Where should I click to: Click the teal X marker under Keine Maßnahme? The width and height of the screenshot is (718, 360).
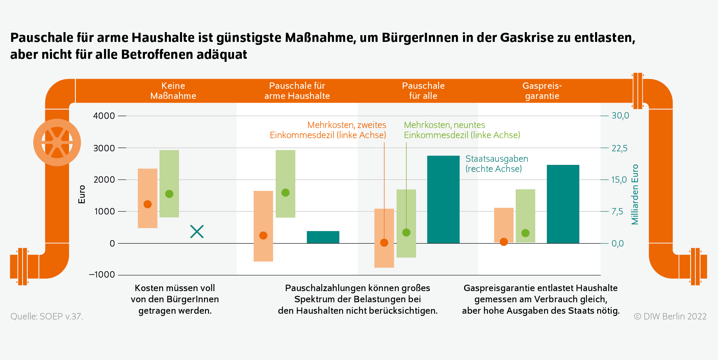pyautogui.click(x=197, y=232)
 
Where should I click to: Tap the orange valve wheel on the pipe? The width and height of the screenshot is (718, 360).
pyautogui.click(x=57, y=143)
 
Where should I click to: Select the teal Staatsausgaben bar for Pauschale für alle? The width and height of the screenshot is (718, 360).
pyautogui.click(x=443, y=199)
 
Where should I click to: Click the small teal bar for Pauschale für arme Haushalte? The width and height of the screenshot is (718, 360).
pyautogui.click(x=323, y=237)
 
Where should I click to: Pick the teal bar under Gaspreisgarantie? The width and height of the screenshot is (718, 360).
pyautogui.click(x=563, y=204)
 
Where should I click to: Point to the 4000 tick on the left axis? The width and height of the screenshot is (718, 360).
pyautogui.click(x=104, y=116)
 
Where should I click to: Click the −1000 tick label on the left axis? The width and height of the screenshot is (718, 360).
pyautogui.click(x=102, y=275)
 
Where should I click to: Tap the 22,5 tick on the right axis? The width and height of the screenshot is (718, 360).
pyautogui.click(x=619, y=148)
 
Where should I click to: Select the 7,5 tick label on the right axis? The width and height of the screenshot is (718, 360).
pyautogui.click(x=617, y=212)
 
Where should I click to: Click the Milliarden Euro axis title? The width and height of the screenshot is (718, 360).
pyautogui.click(x=635, y=195)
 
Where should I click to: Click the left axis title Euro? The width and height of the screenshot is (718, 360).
pyautogui.click(x=82, y=195)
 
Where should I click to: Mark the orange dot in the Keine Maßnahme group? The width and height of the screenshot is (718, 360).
pyautogui.click(x=148, y=204)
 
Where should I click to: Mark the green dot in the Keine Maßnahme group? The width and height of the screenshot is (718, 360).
pyautogui.click(x=169, y=194)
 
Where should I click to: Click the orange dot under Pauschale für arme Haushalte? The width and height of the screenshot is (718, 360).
pyautogui.click(x=263, y=235)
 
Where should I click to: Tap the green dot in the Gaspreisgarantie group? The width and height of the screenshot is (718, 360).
pyautogui.click(x=525, y=233)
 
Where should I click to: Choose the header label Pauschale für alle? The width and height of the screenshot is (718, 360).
pyautogui.click(x=423, y=91)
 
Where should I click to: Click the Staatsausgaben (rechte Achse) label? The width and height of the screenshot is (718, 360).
pyautogui.click(x=496, y=164)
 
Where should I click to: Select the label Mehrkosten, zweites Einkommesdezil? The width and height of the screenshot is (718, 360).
pyautogui.click(x=328, y=130)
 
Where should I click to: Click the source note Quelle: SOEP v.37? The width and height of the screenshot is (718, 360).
pyautogui.click(x=47, y=316)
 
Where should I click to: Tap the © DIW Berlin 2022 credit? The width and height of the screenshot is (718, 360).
pyautogui.click(x=670, y=316)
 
